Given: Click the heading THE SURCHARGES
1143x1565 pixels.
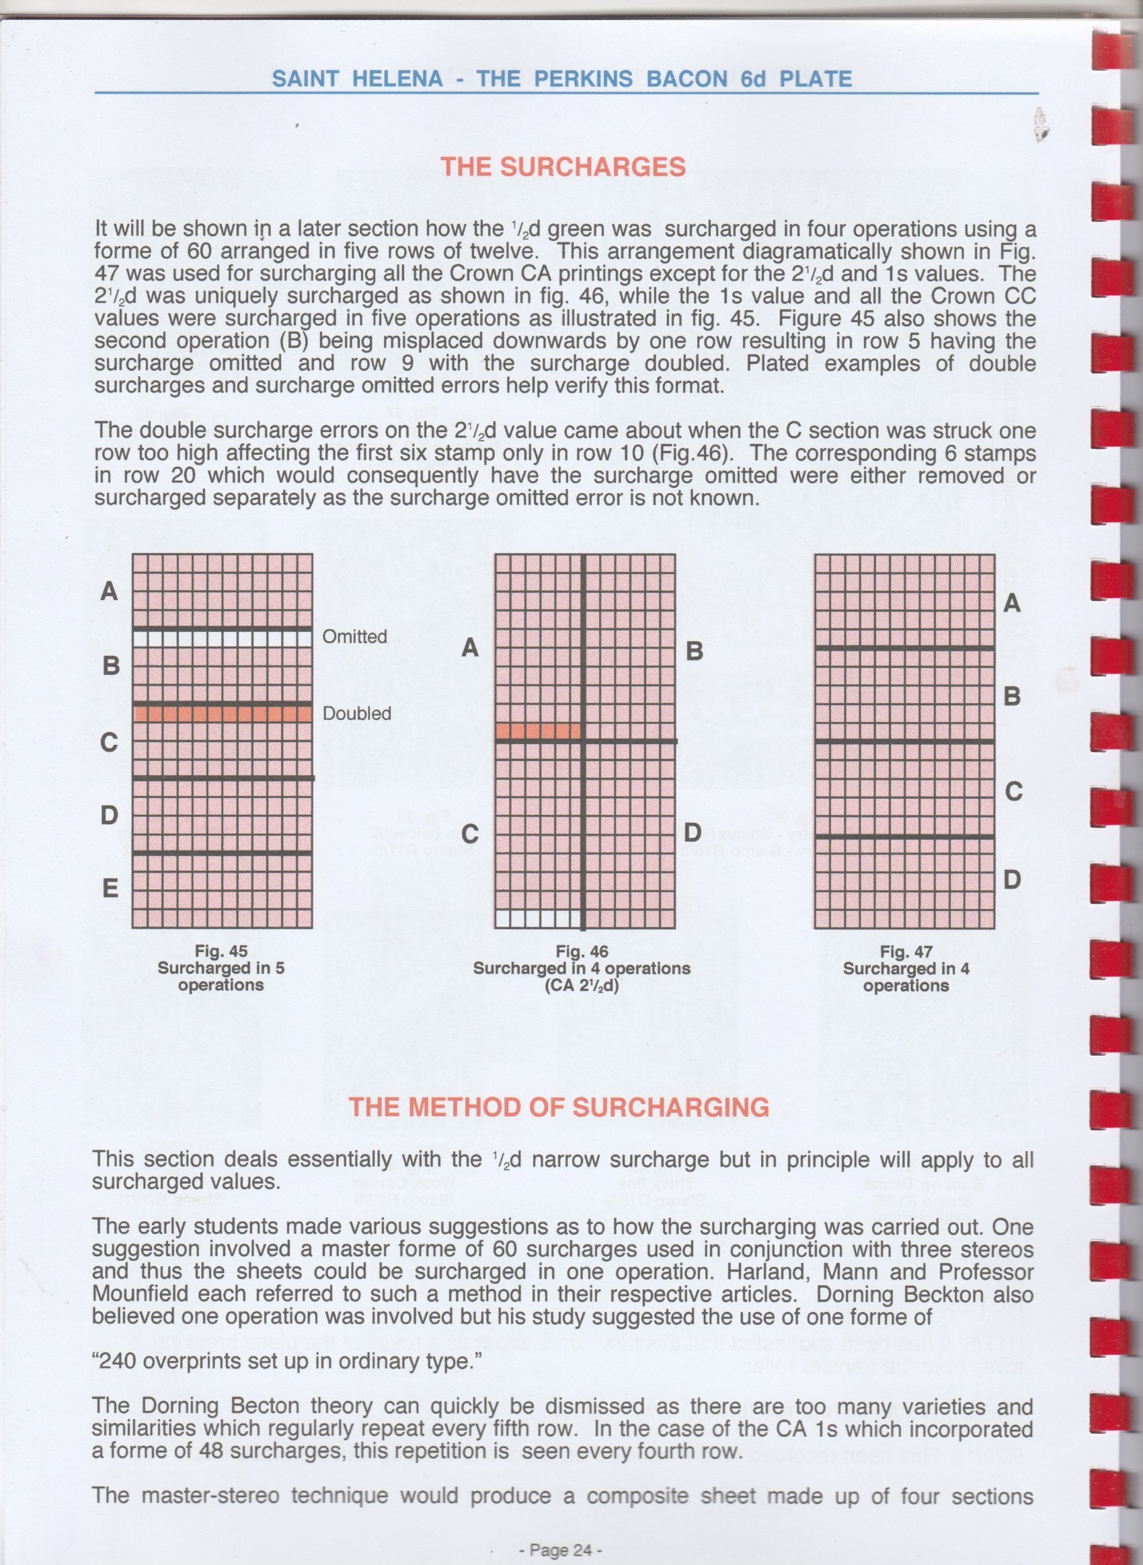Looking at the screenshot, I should point(563,167).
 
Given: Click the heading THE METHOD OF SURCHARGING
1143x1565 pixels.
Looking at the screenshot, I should point(558,1107).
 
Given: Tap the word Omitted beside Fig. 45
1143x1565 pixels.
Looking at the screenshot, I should point(354,636).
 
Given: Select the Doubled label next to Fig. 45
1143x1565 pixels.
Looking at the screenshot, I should point(357,714).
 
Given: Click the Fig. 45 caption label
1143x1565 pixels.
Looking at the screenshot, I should point(221,952).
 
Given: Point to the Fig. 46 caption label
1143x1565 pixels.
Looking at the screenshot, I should point(582,952).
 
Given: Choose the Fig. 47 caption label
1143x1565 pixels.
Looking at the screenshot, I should point(906,952).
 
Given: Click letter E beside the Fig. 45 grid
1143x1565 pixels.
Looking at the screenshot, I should point(110,888).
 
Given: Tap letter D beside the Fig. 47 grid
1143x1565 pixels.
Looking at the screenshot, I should point(1013,880).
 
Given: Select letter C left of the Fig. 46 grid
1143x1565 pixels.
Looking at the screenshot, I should point(470,834).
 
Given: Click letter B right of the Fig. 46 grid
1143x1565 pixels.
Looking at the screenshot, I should point(694,651).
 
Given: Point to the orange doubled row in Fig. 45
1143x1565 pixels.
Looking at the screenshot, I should point(222,714).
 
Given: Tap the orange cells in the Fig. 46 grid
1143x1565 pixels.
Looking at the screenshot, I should point(539,731).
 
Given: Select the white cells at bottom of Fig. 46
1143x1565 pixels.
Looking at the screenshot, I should point(539,919).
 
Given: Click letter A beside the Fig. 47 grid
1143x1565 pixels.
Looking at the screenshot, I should point(1011,604).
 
